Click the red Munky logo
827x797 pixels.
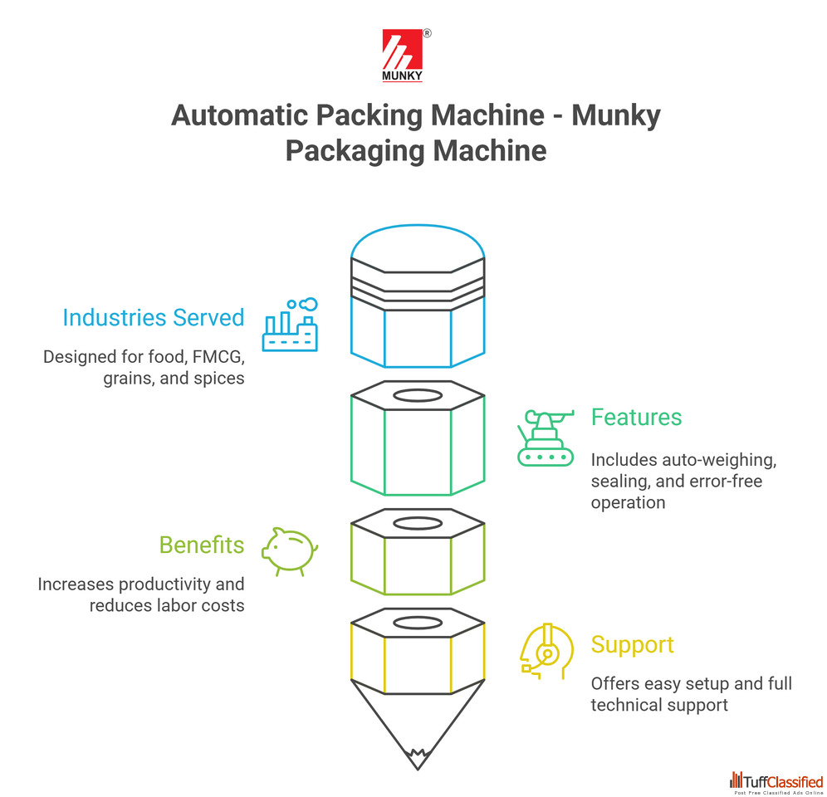(x=403, y=56)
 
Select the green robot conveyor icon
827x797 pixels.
(x=545, y=437)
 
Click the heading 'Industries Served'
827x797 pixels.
(x=154, y=317)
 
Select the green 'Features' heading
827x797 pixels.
(x=636, y=417)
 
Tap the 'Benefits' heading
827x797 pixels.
(x=202, y=545)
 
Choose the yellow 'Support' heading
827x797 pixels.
(x=632, y=644)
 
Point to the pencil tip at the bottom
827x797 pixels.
(x=417, y=756)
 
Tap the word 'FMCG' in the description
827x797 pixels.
(x=216, y=357)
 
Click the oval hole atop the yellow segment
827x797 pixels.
(x=417, y=623)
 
